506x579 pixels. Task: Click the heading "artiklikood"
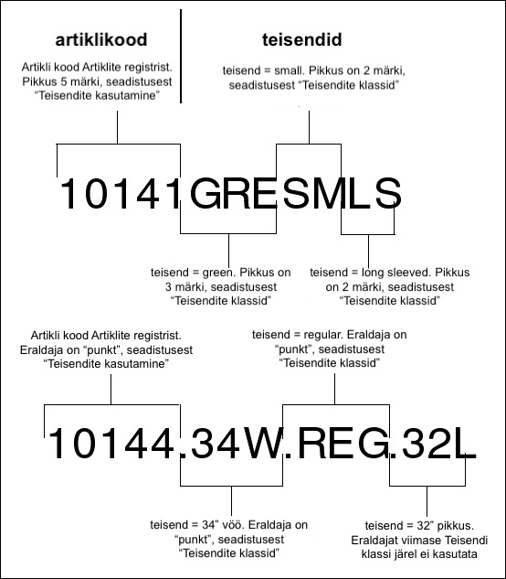coord(101,40)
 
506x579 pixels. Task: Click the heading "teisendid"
coord(302,40)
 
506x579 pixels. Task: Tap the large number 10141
coord(120,194)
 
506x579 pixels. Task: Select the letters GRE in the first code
coord(233,194)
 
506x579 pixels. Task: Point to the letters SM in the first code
coord(312,194)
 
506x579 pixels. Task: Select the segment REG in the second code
coord(343,443)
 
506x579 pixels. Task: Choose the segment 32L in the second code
coord(438,443)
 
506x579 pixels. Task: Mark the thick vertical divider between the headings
coord(181,56)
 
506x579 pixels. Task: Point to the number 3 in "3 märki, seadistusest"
coord(168,287)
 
